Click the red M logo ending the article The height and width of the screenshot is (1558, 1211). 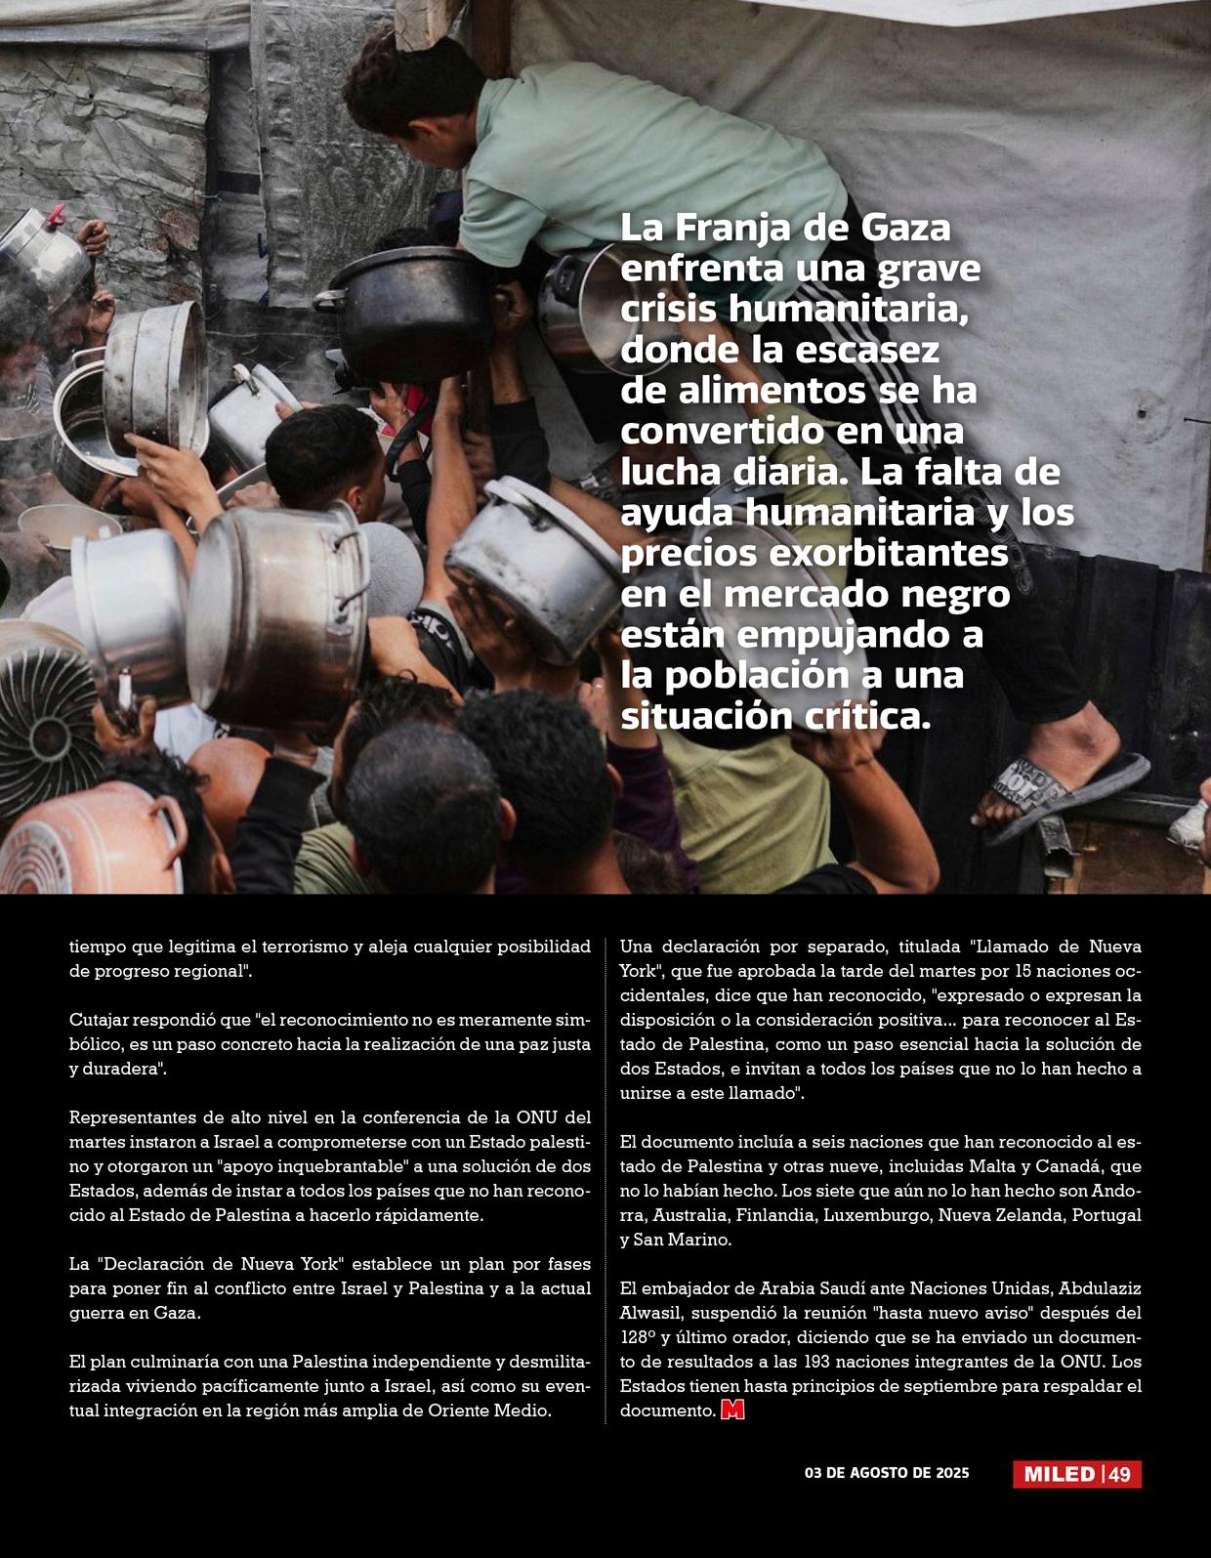pos(732,1411)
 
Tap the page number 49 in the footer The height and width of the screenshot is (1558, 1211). pos(1120,1474)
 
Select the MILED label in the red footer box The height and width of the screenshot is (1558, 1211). pos(1059,1474)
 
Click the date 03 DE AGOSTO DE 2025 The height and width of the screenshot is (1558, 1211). pos(887,1472)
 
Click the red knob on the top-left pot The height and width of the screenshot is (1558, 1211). pos(57,214)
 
